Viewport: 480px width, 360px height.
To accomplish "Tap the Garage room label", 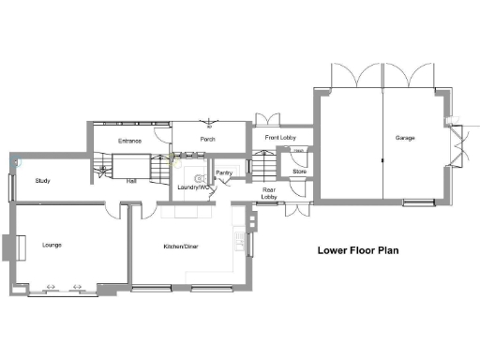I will coord(405,138).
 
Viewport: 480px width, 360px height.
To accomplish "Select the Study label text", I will coord(42,181).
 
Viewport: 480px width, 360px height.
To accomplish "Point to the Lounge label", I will coord(52,245).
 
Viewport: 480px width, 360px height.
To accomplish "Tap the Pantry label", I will coord(224,173).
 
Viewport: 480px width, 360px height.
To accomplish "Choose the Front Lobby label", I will coord(280,138).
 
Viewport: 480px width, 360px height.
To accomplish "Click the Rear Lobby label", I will coord(269,193).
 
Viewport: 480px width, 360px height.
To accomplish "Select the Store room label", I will coord(299,172).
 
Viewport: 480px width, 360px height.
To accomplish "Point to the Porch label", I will coord(208,140).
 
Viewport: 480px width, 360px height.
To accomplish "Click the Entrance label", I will coord(129,141).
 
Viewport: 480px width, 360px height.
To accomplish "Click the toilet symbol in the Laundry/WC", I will coord(199,176).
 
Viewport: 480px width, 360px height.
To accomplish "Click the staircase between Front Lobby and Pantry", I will coord(264,166).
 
